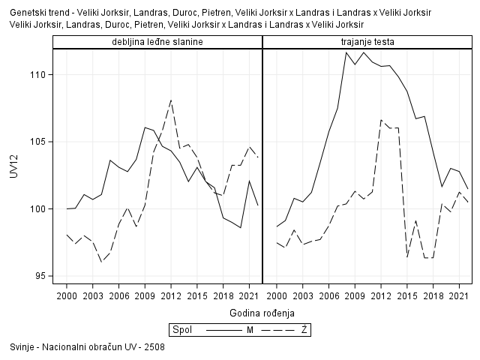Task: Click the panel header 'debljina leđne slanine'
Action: [x=157, y=41]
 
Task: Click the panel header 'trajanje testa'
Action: [x=367, y=41]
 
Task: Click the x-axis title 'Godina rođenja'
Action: [x=262, y=312]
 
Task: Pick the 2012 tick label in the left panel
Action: [x=171, y=296]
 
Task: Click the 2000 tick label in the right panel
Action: [x=277, y=296]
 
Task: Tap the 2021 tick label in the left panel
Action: [x=249, y=296]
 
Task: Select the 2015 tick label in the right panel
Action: [x=406, y=296]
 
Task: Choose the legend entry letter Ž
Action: [x=304, y=330]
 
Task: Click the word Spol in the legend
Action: [x=181, y=330]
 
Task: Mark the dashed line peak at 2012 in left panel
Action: [x=171, y=100]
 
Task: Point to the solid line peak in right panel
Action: [x=346, y=52]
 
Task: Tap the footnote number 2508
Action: [x=154, y=347]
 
